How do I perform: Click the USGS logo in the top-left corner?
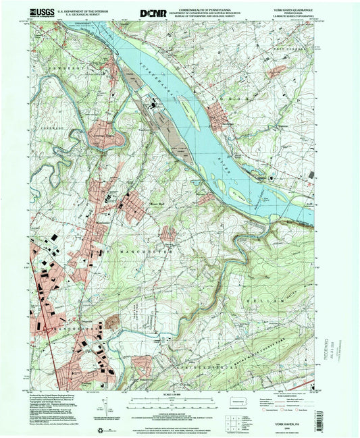42,12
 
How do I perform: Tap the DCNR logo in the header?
151,13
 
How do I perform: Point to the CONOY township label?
240,98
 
